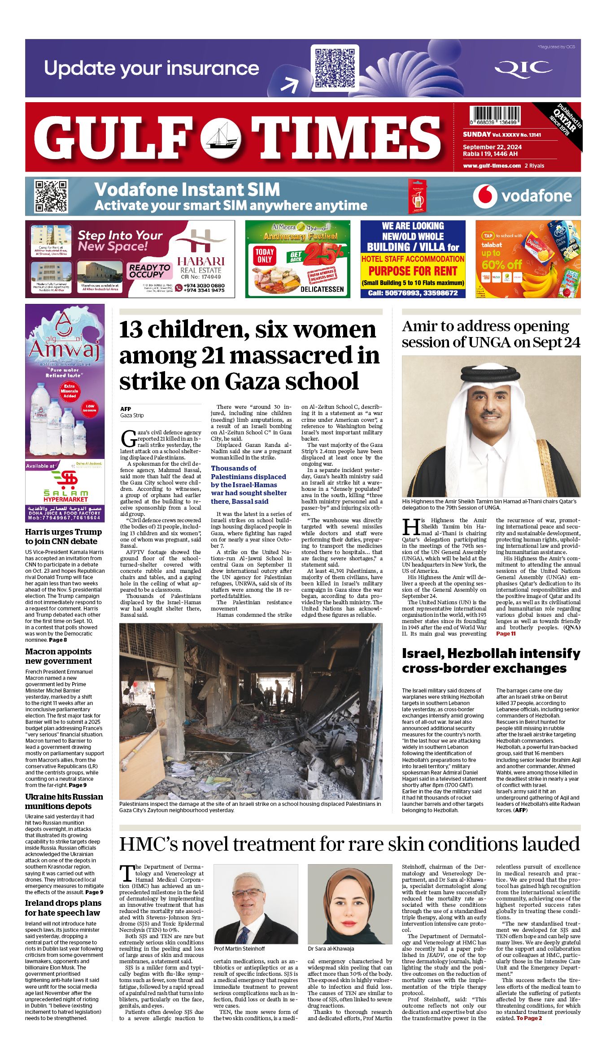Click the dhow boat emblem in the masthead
coord(220,137)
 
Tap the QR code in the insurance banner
coord(335,68)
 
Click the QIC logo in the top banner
coord(523,69)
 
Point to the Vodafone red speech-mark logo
coord(485,196)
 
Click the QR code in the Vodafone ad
coord(52,196)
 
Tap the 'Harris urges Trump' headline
coord(63,536)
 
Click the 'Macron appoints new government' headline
coord(58,656)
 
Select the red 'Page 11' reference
coord(506,633)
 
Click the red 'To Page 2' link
coord(529,1018)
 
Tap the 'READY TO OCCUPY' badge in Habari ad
coord(149,271)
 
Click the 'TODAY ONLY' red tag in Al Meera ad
coord(265,255)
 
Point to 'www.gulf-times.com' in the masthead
coord(492,165)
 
